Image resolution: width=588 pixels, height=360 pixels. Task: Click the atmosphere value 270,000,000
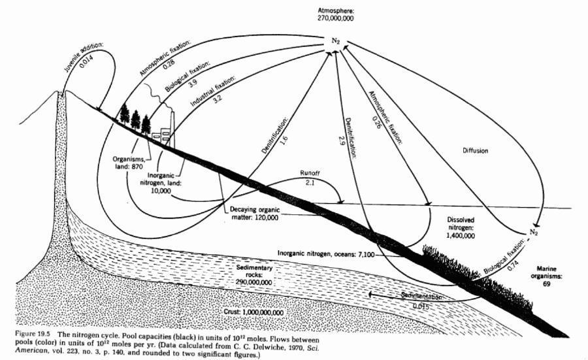[x=335, y=18]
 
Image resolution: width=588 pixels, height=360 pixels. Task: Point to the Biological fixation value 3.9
[x=193, y=82]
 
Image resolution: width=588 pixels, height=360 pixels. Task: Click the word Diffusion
[x=475, y=151]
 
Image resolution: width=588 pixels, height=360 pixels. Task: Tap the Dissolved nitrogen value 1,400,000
[x=461, y=236]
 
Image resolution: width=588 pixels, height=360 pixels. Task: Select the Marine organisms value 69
[x=546, y=284]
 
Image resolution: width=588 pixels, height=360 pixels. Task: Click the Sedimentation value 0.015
[x=420, y=306]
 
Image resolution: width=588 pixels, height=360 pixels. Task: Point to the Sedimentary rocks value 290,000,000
[x=254, y=282]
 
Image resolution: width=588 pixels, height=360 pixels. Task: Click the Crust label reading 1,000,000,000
[x=253, y=312]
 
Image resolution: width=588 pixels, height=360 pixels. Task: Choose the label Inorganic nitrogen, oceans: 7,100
[x=326, y=254]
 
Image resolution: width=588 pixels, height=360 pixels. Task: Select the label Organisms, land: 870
[x=128, y=163]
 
